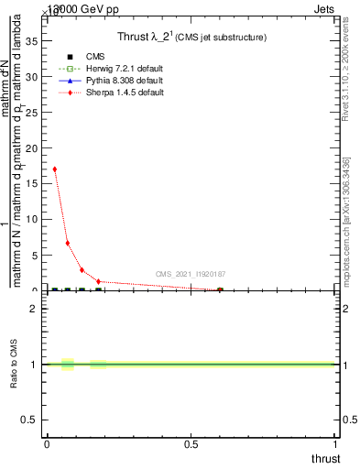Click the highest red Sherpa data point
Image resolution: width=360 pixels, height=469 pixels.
click(55, 169)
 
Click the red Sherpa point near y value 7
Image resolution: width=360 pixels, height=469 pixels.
click(68, 244)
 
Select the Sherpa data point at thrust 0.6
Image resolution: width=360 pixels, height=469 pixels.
click(220, 290)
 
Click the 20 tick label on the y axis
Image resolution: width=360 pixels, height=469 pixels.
click(32, 148)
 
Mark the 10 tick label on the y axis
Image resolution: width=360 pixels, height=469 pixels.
click(32, 220)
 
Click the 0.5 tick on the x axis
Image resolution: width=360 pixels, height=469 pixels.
click(191, 445)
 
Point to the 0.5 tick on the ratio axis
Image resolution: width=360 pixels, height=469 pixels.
click(29, 420)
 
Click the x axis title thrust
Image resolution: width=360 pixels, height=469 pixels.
click(324, 458)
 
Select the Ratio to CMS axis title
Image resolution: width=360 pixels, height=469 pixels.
click(14, 365)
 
